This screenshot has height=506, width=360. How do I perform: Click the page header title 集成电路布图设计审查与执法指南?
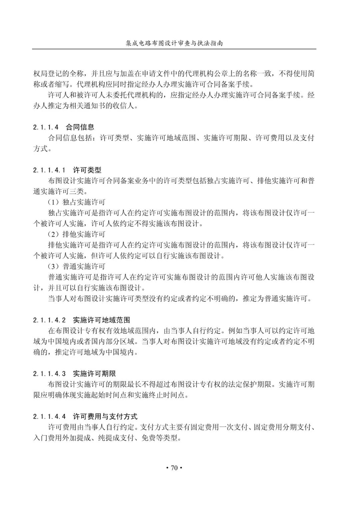pos(174,43)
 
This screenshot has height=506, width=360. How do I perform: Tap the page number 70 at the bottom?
pos(174,468)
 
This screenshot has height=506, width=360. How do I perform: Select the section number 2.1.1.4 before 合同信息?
pos(46,127)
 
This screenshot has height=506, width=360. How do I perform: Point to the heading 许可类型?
pos(87,170)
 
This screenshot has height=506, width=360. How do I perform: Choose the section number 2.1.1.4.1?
pos(50,170)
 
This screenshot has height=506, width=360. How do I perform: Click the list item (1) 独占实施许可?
pos(77,202)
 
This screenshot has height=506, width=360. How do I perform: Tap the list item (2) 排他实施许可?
pos(77,234)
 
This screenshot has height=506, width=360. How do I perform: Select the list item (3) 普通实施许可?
pos(77,267)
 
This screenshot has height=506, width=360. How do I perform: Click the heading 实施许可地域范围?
pos(101,320)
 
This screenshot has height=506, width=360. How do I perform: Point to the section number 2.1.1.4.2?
pos(50,320)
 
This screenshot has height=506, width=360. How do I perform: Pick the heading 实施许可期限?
pos(94,374)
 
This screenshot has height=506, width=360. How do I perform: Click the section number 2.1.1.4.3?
pos(50,374)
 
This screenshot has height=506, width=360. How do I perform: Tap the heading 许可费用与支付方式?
pos(105,417)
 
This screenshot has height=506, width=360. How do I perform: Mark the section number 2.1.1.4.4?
pos(50,417)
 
